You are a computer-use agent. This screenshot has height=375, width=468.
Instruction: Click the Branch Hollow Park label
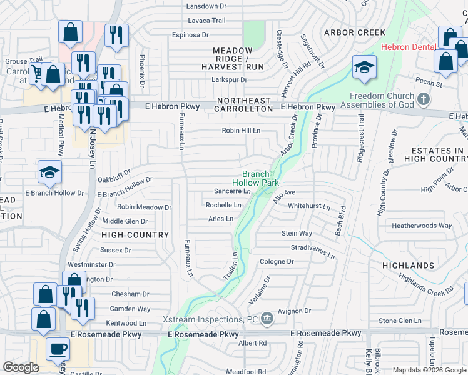click(260, 178)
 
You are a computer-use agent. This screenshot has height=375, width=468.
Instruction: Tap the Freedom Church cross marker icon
click(424, 99)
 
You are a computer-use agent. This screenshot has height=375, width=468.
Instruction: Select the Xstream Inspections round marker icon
click(267, 319)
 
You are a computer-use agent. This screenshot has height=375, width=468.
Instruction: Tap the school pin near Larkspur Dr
click(364, 67)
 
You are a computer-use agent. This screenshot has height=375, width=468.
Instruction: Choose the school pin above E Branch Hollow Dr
click(49, 172)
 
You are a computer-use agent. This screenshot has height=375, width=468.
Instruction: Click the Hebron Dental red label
click(409, 47)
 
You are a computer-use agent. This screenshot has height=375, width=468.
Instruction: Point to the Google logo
click(21, 367)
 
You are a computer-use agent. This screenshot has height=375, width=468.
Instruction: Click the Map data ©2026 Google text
click(429, 370)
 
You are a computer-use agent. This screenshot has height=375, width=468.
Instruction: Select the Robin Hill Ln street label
click(241, 131)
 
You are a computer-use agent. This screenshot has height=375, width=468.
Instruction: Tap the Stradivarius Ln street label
click(312, 251)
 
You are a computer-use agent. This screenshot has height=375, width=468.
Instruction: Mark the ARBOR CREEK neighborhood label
click(354, 32)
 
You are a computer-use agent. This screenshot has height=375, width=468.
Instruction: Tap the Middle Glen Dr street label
click(125, 221)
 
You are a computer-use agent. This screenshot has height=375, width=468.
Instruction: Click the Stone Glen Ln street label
click(400, 321)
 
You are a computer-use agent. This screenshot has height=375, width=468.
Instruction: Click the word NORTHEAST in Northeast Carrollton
click(244, 100)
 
